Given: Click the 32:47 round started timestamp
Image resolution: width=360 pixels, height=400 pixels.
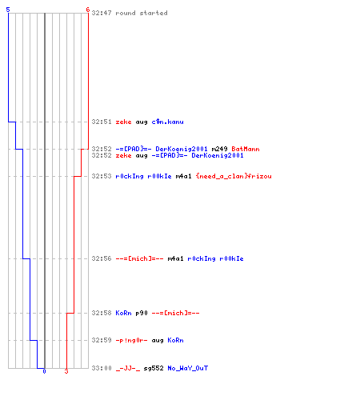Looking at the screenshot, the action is click(102, 13).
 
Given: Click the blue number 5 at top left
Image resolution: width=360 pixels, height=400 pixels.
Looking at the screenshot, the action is click(8, 10).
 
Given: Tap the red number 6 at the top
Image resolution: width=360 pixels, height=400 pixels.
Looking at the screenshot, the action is click(88, 10).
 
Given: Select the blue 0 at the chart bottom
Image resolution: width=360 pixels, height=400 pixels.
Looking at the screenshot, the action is click(44, 371).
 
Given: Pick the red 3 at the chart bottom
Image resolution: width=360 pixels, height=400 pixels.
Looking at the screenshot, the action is click(66, 371).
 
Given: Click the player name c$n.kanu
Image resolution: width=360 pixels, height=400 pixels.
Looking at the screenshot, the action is click(167, 122).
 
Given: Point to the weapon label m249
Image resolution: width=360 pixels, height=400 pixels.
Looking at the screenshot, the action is click(219, 149).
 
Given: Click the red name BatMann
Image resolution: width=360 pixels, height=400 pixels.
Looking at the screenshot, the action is click(246, 149).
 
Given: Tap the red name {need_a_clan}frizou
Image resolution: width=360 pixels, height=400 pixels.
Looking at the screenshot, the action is click(234, 176).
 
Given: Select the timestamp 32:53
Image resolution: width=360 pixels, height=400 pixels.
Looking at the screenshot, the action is click(102, 176).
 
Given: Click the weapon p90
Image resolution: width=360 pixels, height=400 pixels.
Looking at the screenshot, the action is click(142, 313).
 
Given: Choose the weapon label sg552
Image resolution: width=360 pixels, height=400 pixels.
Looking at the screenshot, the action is click(154, 368).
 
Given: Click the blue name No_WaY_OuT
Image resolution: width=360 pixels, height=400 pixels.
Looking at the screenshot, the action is click(188, 368).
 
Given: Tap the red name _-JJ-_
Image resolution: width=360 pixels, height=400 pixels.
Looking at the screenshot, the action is click(128, 368).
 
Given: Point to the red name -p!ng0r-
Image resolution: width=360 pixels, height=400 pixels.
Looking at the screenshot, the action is click(131, 340).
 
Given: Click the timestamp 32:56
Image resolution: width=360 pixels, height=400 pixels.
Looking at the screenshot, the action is click(102, 258).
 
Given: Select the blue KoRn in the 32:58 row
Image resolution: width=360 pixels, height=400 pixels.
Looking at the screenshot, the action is click(123, 313).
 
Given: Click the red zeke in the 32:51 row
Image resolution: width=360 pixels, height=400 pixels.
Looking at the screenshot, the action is click(123, 122).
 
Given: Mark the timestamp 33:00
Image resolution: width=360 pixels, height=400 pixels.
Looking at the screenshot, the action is click(102, 368).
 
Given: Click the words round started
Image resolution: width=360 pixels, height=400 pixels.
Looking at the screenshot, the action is click(142, 13).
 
